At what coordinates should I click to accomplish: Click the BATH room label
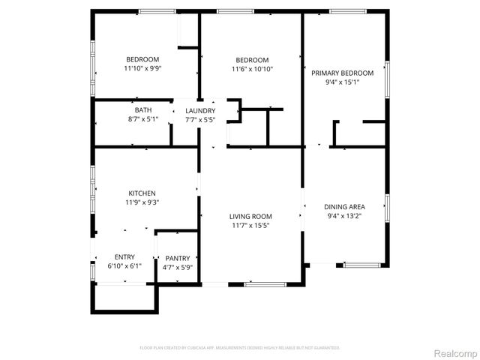tap(142, 110)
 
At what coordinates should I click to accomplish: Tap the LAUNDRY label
tap(200, 110)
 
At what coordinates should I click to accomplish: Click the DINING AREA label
tap(344, 206)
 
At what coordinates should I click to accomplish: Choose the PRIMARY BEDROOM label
tap(342, 73)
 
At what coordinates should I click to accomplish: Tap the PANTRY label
tap(178, 258)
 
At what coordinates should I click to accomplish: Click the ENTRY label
tap(124, 257)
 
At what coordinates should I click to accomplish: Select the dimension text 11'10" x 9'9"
tap(142, 68)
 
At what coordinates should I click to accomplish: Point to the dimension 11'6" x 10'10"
tap(252, 69)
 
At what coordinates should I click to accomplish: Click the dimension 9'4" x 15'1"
tap(342, 82)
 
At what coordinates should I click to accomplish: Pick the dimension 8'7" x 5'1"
tap(142, 118)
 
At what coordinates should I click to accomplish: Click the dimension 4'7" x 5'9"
tap(178, 267)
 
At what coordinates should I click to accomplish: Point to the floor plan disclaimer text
tap(241, 348)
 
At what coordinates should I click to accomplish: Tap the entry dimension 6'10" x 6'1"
tap(124, 266)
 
